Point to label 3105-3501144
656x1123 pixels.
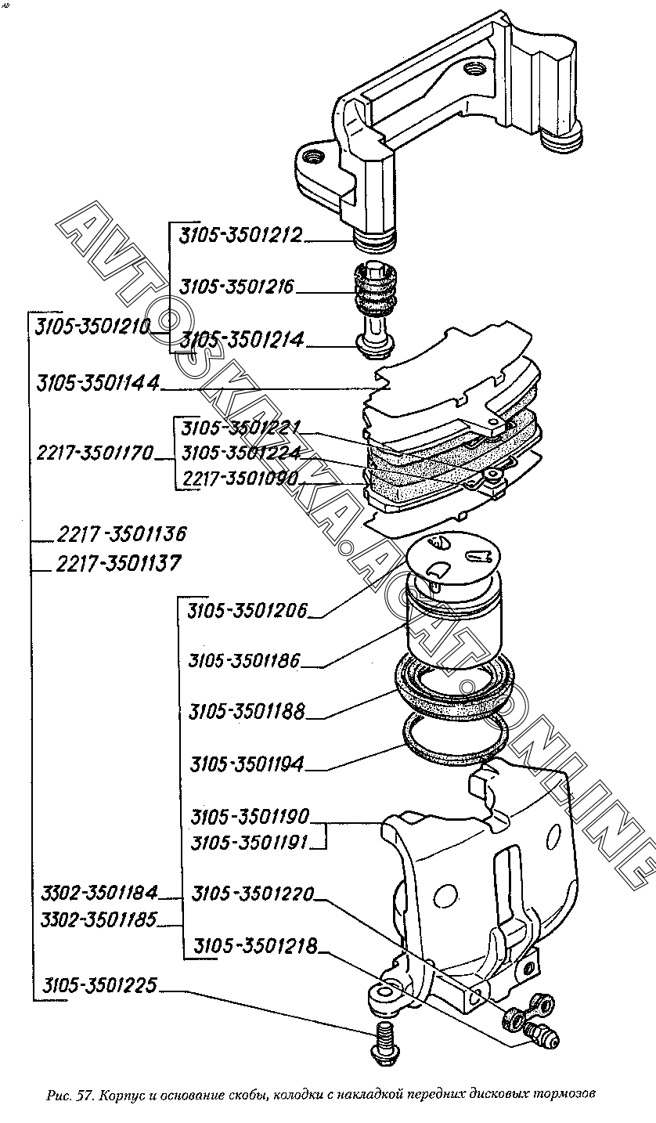98,384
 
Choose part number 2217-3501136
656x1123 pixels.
121,535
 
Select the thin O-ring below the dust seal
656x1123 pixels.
454,741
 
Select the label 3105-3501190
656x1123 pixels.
250,817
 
